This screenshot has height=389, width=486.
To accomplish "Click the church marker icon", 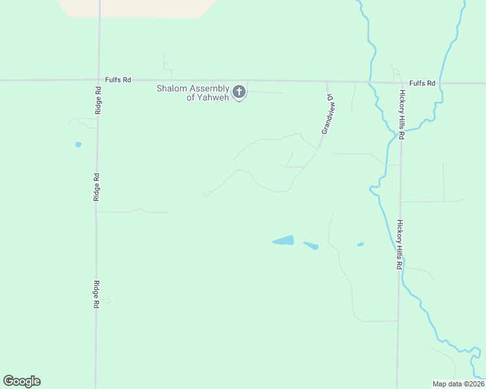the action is click(x=239, y=92).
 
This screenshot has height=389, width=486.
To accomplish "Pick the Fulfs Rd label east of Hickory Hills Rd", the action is click(x=422, y=83).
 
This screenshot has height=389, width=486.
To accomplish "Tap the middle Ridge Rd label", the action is click(x=96, y=186).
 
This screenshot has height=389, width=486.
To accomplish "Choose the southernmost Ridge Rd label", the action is click(x=96, y=294).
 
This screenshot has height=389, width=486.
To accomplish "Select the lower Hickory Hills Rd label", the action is click(x=400, y=244).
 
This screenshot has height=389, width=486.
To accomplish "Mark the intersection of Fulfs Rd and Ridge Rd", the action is click(x=99, y=80).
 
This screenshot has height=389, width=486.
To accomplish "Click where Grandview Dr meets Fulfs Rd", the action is click(x=327, y=82).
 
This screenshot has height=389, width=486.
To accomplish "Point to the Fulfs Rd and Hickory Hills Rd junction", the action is click(x=400, y=83).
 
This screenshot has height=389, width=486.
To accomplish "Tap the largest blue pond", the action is click(x=284, y=241).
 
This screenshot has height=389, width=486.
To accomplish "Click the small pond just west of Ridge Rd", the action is click(x=78, y=145).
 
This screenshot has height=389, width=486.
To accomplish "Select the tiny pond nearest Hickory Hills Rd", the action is click(x=360, y=244).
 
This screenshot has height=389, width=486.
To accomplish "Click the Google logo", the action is click(x=21, y=381).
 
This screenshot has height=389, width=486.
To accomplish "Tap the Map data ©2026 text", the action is click(x=458, y=384).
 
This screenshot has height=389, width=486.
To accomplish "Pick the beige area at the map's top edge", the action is click(x=136, y=8).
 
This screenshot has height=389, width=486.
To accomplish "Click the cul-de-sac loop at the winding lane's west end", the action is click(x=207, y=193).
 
